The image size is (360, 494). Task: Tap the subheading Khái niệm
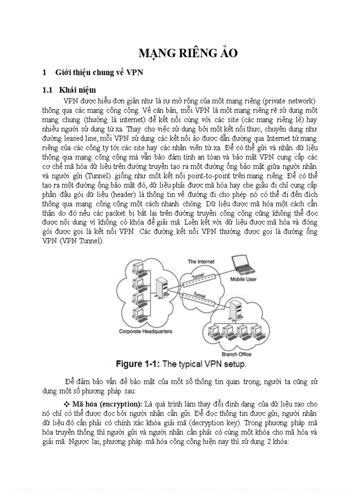[77, 90]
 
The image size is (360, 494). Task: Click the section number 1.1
[48, 90]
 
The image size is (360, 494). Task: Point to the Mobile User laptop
[243, 264]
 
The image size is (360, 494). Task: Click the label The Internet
[201, 261]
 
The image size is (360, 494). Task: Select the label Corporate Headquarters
[146, 331]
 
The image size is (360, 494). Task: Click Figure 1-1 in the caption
[138, 364]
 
